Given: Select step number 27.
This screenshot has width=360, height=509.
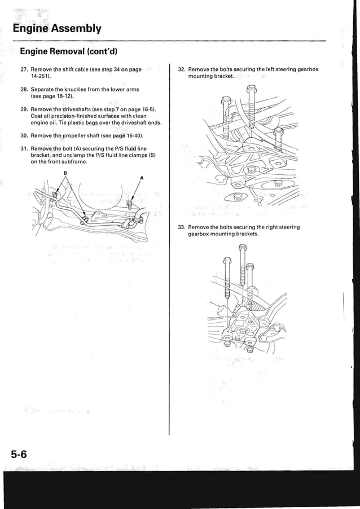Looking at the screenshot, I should [x=23, y=69].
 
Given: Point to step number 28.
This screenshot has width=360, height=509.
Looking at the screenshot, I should [x=23, y=89].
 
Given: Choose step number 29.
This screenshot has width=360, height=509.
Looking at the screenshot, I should [x=23, y=109].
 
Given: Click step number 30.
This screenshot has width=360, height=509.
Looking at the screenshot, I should [x=23, y=136].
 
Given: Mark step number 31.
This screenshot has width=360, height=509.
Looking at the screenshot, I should [x=23, y=148].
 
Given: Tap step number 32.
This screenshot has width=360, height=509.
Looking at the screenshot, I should [x=181, y=69].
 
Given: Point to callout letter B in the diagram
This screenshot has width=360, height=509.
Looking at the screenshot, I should [x=65, y=172].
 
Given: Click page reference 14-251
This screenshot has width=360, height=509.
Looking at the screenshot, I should [x=40, y=76].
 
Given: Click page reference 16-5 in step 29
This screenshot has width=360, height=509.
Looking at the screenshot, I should [x=147, y=109].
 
